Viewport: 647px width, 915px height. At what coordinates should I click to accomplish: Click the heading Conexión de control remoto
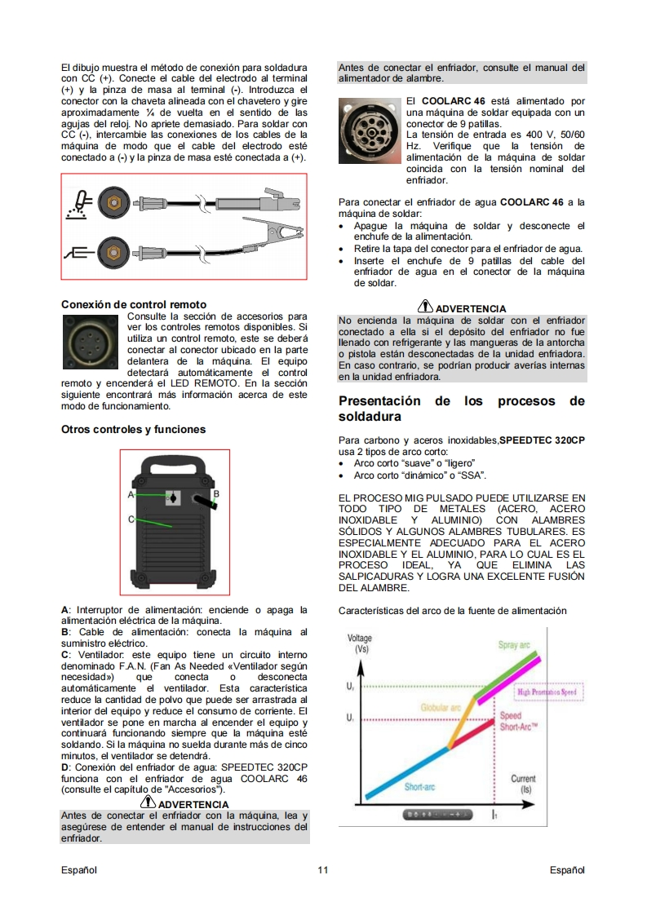134,305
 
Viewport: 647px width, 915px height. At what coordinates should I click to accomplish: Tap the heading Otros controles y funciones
133,430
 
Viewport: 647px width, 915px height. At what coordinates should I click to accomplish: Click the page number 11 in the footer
323,870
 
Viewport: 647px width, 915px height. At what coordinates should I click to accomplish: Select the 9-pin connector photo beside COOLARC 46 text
370,130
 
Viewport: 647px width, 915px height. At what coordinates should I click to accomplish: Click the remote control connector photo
91,342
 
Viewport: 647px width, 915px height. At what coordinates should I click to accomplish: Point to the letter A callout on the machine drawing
131,495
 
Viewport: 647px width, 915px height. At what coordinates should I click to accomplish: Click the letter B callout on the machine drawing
216,493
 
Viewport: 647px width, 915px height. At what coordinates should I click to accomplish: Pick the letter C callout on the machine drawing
131,519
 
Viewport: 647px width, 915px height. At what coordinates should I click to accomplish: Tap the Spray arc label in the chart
514,645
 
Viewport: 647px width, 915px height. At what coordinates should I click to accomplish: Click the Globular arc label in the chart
441,708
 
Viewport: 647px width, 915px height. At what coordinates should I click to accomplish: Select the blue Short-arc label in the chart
420,787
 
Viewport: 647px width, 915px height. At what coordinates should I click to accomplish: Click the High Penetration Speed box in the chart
547,692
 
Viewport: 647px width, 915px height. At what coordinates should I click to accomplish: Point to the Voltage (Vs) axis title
360,643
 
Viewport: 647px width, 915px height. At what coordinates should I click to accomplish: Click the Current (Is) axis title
523,784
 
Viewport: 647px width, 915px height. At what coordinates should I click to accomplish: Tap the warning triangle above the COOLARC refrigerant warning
425,306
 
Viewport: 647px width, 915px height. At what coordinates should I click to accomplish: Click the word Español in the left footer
79,870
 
